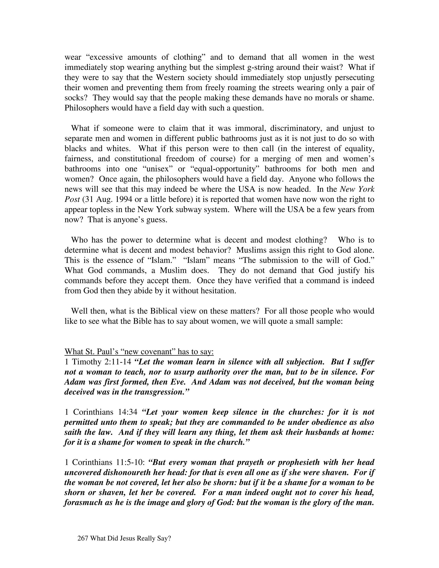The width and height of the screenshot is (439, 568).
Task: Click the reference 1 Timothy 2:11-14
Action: (98, 362)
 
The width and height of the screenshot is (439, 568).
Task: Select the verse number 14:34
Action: (128, 412)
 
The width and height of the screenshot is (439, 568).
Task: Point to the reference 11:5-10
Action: (131, 462)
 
